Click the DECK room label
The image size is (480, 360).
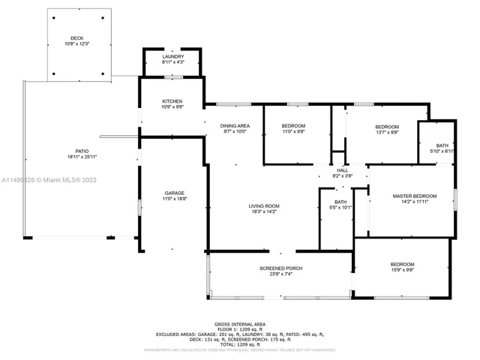(77, 38)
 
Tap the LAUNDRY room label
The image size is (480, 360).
(173, 57)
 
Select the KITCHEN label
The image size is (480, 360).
(173, 101)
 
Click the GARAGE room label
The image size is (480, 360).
(175, 193)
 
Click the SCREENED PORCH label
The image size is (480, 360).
(281, 268)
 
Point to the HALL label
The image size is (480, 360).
(342, 170)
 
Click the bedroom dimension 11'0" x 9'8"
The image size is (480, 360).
(293, 131)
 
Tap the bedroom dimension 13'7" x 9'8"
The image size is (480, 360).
(387, 132)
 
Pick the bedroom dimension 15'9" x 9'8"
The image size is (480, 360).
(402, 269)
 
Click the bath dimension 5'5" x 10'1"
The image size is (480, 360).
(340, 207)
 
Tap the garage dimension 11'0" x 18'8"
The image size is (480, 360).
(175, 198)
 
